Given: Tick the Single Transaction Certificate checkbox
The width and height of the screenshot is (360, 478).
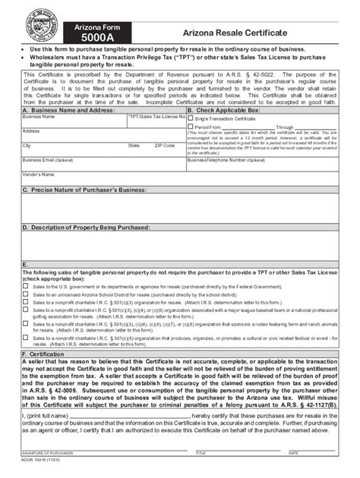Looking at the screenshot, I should pos(191,119).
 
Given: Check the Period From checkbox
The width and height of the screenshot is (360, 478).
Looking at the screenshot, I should pos(191,127).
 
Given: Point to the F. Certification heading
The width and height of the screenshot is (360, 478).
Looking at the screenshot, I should pos(45,354).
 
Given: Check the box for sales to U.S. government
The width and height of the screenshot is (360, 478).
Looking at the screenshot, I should pos(27,288).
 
